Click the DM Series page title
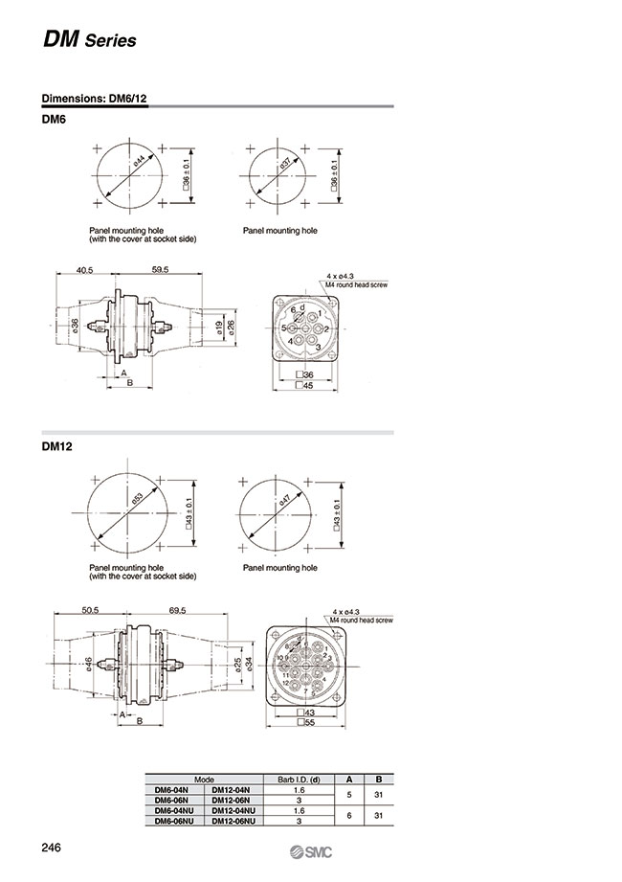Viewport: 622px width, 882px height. tap(89, 40)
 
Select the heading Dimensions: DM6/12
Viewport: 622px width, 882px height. tap(94, 99)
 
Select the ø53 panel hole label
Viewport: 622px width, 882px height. tap(138, 498)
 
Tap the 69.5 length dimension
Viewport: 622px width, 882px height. tap(176, 609)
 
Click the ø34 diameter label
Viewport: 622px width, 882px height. tap(249, 663)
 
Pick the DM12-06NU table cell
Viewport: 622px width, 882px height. tap(233, 821)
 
